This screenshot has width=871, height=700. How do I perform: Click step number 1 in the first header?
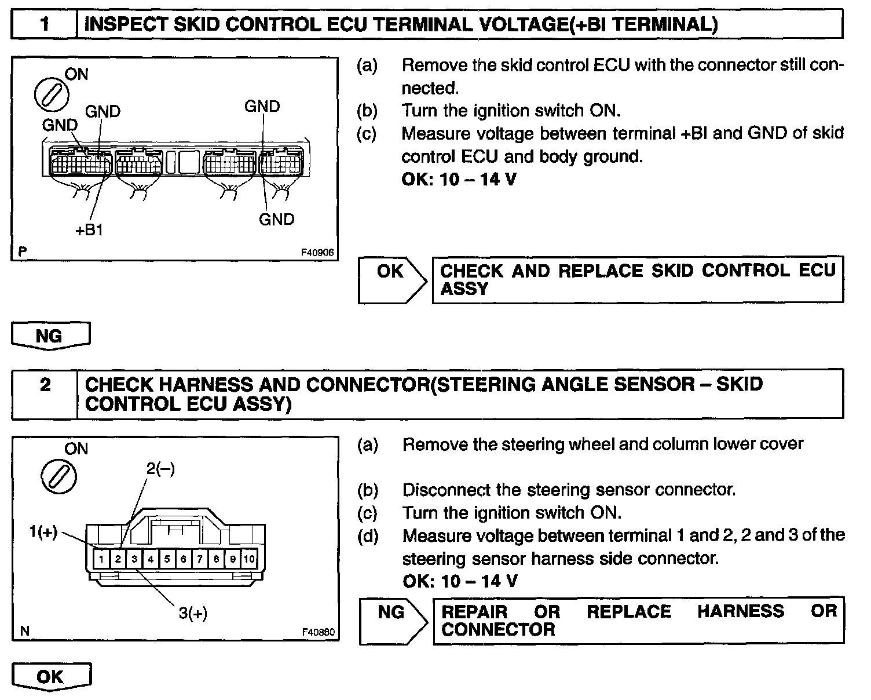45,24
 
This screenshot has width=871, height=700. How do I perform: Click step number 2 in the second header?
45,385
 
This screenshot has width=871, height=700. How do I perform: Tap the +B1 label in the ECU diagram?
89,230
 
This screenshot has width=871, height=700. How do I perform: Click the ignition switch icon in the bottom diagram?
58,476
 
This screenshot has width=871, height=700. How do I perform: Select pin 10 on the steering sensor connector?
249,559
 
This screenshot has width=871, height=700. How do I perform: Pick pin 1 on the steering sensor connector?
101,559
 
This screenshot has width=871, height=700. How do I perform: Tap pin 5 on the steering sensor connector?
167,559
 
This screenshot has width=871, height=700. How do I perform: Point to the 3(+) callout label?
193,613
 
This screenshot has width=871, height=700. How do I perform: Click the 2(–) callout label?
160,468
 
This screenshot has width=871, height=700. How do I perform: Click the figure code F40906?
317,253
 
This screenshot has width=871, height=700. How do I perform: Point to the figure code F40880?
318,632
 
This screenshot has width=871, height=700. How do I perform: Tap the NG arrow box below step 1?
50,336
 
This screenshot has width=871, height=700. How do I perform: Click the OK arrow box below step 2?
51,677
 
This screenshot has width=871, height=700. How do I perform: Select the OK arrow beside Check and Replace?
391,279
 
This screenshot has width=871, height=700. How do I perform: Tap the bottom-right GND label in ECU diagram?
276,220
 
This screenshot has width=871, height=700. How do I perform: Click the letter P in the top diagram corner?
23,251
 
